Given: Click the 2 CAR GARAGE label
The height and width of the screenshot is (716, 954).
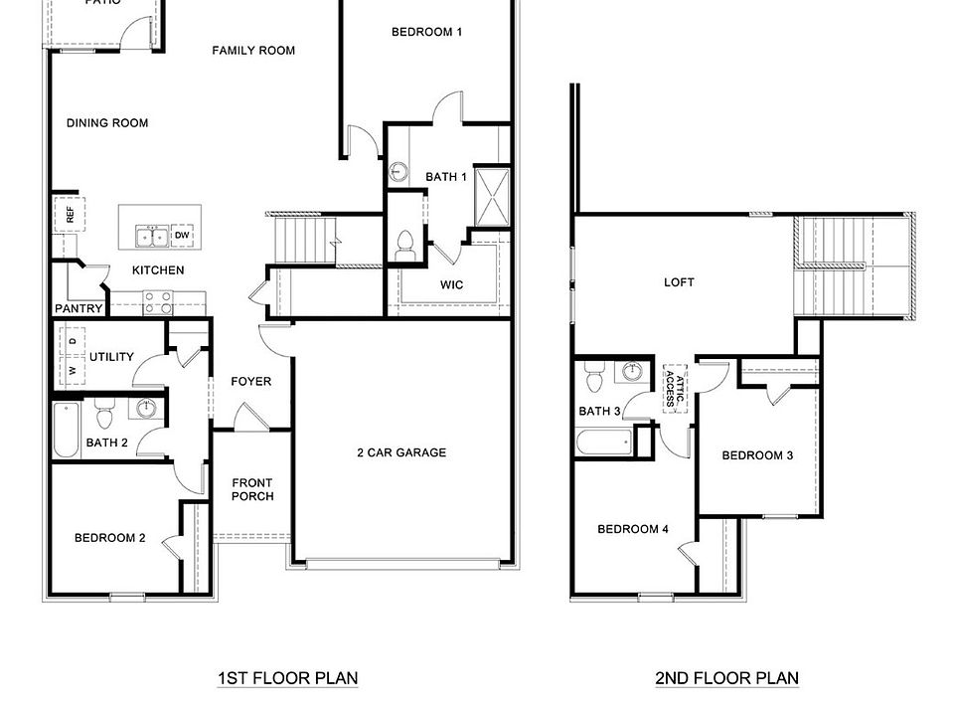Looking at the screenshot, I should tap(401, 452).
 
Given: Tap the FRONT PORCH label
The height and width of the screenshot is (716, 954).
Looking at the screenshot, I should tap(252, 490).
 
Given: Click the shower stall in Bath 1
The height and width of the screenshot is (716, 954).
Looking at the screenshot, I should tap(492, 198).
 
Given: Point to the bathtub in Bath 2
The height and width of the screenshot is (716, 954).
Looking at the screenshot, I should tap(67, 430).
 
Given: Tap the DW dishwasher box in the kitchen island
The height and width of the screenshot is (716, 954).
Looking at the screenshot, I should tap(182, 236).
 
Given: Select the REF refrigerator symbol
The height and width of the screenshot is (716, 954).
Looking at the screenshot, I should tap(70, 214).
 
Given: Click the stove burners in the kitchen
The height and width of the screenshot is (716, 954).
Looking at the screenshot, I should tap(157, 302).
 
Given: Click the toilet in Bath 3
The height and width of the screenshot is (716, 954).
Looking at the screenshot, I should tap(594, 379).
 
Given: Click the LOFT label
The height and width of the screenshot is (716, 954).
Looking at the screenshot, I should tap(680, 282).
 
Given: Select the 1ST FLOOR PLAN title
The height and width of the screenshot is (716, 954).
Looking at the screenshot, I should tap(288, 679).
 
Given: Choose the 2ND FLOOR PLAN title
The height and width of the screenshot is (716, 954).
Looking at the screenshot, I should tap(726, 679).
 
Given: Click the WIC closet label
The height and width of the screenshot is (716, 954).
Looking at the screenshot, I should tap(452, 285).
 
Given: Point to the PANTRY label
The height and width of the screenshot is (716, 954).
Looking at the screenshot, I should tap(79, 309).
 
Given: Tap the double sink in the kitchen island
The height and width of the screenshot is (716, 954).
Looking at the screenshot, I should tap(152, 237).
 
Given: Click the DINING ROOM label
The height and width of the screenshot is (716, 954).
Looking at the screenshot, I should tap(107, 123).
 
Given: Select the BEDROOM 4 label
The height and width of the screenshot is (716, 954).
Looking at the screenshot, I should tap(633, 529).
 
